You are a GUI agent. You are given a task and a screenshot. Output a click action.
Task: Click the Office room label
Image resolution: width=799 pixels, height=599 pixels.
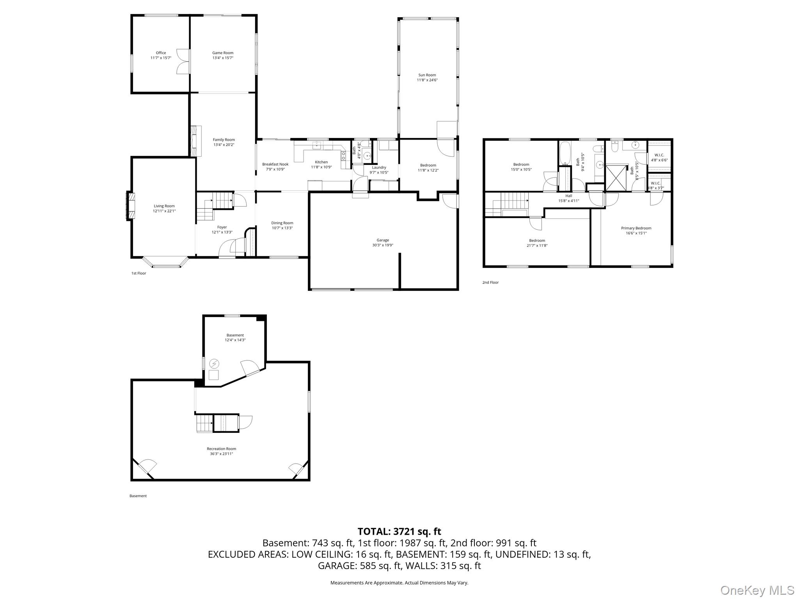[161, 53]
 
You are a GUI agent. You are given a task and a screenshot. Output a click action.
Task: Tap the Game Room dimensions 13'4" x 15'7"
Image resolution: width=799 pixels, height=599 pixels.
[223, 58]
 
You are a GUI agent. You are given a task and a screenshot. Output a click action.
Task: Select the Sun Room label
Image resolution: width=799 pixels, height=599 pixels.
[427, 75]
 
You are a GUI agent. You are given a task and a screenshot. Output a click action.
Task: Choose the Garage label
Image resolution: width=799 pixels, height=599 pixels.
[383, 240]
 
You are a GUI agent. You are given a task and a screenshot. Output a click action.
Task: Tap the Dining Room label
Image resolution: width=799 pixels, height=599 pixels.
[282, 223]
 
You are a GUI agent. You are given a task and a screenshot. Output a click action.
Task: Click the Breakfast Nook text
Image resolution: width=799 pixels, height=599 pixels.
[275, 164]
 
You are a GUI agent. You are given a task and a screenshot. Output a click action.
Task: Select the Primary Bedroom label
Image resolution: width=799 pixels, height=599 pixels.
[636, 228]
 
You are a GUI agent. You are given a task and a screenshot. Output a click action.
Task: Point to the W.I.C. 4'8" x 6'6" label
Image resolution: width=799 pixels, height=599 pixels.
[659, 157]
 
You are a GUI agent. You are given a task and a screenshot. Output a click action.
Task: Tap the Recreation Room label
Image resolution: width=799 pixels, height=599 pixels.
[221, 449]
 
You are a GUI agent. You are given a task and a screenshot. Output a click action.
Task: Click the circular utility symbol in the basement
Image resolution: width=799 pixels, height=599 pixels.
[214, 364]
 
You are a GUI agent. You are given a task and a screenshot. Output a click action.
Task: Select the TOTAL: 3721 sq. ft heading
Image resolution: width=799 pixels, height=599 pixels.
[399, 532]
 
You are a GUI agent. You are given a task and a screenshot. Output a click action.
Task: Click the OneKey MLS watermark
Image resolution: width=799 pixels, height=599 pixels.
[757, 590]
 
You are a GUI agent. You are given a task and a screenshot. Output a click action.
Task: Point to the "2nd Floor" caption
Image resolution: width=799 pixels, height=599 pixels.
[490, 282]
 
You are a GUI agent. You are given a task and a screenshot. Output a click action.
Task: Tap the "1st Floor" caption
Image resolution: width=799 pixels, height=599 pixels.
[138, 273]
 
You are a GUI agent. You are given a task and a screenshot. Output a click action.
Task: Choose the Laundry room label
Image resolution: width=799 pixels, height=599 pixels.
[379, 167]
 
